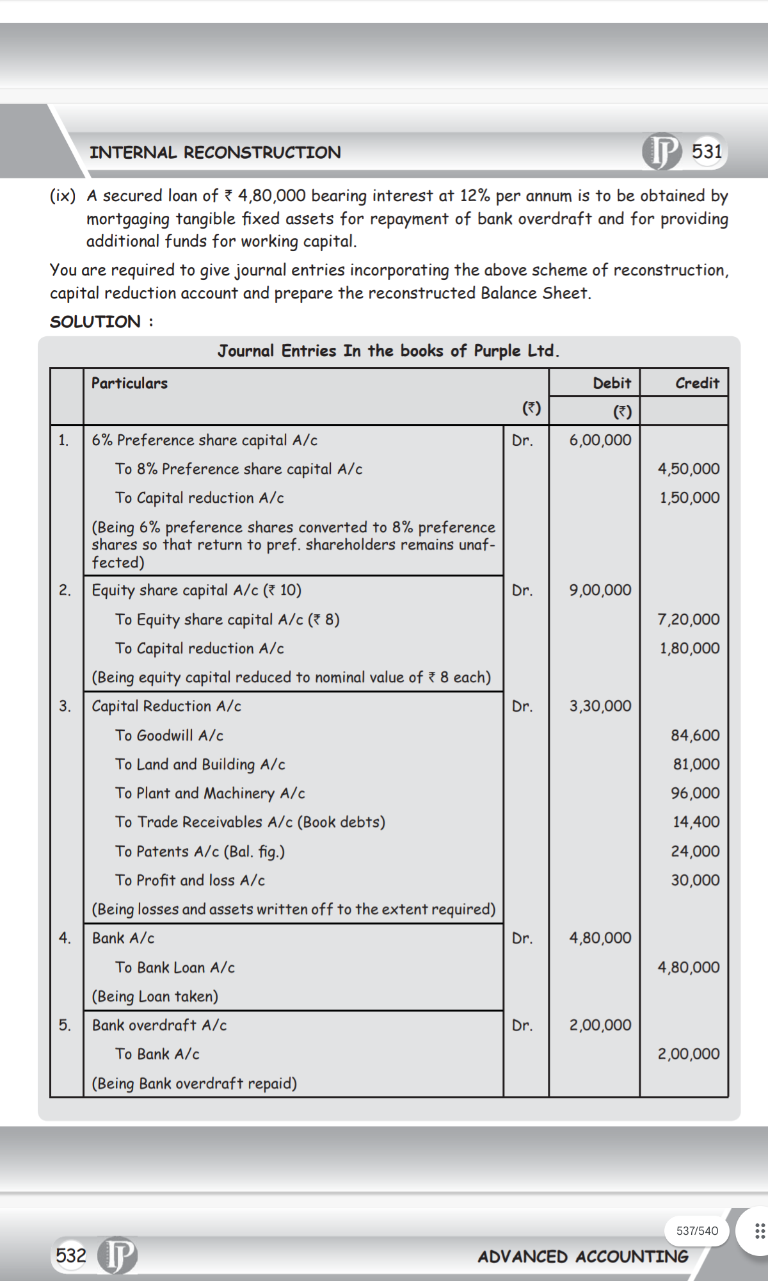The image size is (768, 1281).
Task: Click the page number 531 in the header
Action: pyautogui.click(x=707, y=152)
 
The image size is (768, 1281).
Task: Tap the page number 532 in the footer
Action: pyautogui.click(x=70, y=1255)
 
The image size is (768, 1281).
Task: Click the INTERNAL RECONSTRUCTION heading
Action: pyautogui.click(x=215, y=152)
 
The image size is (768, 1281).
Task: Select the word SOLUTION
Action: pyautogui.click(x=95, y=322)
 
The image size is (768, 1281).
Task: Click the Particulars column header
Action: pyautogui.click(x=129, y=383)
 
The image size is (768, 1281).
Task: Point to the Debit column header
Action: pyautogui.click(x=611, y=383)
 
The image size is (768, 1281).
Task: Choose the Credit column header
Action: pyautogui.click(x=697, y=383)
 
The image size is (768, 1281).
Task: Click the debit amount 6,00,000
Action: pyautogui.click(x=600, y=440)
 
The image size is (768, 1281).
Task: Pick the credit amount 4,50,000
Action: pyautogui.click(x=688, y=469)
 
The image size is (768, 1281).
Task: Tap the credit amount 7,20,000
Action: pyautogui.click(x=688, y=619)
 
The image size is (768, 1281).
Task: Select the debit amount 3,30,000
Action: pyautogui.click(x=600, y=706)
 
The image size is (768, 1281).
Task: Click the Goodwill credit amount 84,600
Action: pyautogui.click(x=694, y=735)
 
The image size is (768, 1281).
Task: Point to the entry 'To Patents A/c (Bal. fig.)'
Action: pyautogui.click(x=200, y=851)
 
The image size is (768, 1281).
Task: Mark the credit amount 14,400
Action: pyautogui.click(x=696, y=822)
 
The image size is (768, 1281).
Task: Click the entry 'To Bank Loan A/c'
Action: pyautogui.click(x=175, y=967)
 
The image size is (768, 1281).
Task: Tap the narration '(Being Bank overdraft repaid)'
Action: pyautogui.click(x=194, y=1083)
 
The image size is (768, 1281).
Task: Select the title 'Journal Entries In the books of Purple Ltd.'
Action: pyautogui.click(x=388, y=351)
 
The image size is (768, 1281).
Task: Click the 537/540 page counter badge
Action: pyautogui.click(x=697, y=1230)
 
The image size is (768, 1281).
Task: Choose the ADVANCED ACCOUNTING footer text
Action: pyautogui.click(x=582, y=1257)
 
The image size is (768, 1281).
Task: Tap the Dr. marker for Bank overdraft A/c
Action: pyautogui.click(x=522, y=1025)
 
